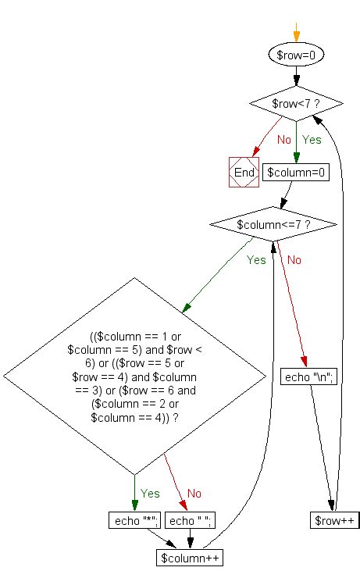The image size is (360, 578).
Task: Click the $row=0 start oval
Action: click(296, 55)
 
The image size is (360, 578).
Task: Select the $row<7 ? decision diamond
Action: click(296, 104)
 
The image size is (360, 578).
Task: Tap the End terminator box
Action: click(244, 172)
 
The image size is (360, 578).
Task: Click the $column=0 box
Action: click(296, 172)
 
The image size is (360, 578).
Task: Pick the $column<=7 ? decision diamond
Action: click(273, 224)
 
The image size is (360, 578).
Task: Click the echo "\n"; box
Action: click(308, 376)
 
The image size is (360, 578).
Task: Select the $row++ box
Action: click(334, 520)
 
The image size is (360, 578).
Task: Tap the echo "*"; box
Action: click(135, 520)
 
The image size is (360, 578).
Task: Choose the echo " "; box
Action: click(190, 520)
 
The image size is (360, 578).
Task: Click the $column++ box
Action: click(190, 558)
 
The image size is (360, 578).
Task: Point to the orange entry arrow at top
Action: click(296, 32)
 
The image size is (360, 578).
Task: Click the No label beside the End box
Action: click(284, 140)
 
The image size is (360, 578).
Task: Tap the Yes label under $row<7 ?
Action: click(312, 140)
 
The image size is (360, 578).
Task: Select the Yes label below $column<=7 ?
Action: click(256, 260)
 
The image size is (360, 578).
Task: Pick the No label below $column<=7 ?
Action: click(294, 260)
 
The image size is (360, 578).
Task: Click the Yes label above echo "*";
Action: click(150, 493)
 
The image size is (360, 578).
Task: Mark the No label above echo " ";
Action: click(194, 493)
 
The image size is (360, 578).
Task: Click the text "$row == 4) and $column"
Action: click(134, 377)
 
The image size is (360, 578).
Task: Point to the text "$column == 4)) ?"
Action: click(134, 418)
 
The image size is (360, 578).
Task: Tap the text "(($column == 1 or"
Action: click(135, 337)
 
